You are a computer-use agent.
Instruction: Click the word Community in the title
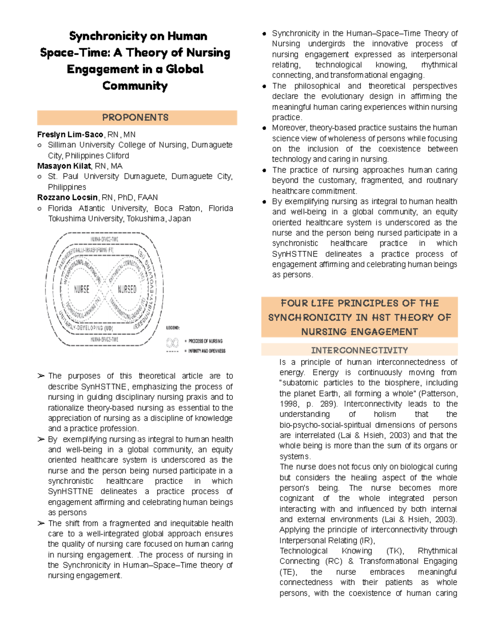pyautogui.click(x=135, y=86)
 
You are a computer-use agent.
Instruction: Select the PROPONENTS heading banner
pyautogui.click(x=137, y=117)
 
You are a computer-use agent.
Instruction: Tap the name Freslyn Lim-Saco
pyautogui.click(x=70, y=134)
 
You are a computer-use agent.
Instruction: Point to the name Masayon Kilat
pyautogui.click(x=64, y=166)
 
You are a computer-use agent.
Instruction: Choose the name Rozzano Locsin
pyautogui.click(x=67, y=197)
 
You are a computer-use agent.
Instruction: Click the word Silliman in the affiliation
pyautogui.click(x=62, y=145)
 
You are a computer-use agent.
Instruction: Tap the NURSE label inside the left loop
pyautogui.click(x=81, y=289)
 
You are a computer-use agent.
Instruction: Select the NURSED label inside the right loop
pyautogui.click(x=127, y=289)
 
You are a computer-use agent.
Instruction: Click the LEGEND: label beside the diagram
pyautogui.click(x=173, y=328)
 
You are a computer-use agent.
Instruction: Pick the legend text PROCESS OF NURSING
pyautogui.click(x=205, y=341)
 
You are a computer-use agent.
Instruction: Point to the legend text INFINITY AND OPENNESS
pyautogui.click(x=207, y=351)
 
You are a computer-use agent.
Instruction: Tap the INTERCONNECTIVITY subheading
pyautogui.click(x=359, y=350)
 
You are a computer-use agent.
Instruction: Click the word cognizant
pyautogui.click(x=296, y=498)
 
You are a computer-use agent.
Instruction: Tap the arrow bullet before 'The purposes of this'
pyautogui.click(x=41, y=376)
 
